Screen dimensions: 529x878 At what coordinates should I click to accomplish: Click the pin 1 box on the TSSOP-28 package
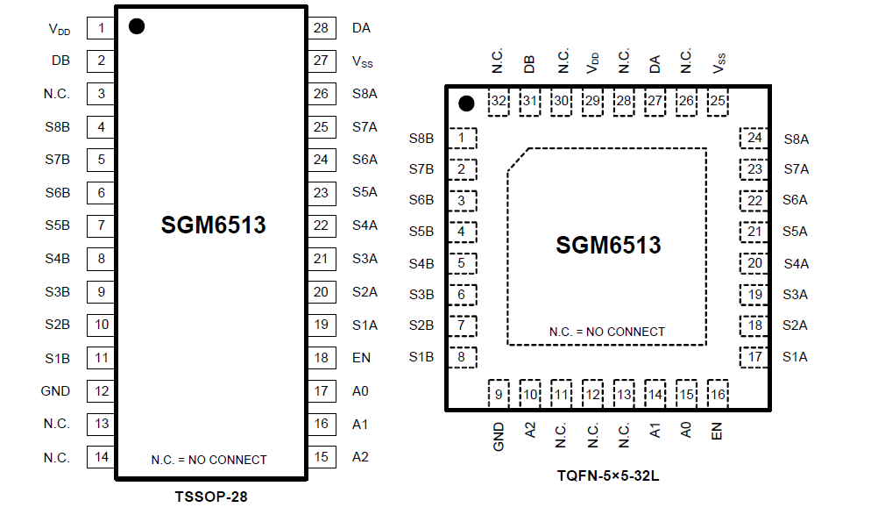point(101,28)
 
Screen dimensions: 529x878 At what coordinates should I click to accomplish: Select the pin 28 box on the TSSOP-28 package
point(321,28)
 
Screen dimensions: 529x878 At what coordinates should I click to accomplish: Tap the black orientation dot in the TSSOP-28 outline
point(136,26)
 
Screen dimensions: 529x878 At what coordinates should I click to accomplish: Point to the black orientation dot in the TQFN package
point(466,104)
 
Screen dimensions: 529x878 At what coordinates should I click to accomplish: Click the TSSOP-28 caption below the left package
point(211,497)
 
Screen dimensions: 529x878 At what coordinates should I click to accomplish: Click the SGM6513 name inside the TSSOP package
point(213,225)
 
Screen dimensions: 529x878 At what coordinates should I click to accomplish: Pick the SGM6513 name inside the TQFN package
point(608,246)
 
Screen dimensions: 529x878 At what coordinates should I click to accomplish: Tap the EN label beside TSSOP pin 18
point(361,358)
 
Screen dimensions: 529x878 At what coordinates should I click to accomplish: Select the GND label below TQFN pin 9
point(499,434)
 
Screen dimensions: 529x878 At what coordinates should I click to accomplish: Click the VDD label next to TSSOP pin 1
point(60,29)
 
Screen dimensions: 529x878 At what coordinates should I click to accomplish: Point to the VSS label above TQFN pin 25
point(719,63)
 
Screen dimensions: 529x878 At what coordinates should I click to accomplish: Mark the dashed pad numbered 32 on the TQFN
point(499,101)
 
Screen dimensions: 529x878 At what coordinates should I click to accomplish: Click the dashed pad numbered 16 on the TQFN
point(718,395)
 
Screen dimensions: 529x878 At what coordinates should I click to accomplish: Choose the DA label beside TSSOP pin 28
point(361,28)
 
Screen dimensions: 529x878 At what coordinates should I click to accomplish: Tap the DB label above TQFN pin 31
point(529,63)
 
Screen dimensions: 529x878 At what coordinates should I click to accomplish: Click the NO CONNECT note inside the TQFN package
point(606,332)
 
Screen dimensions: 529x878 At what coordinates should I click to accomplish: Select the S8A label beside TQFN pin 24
point(796,138)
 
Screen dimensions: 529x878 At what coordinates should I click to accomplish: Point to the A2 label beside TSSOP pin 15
point(360,456)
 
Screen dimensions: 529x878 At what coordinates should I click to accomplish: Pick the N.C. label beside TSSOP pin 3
point(57,94)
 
